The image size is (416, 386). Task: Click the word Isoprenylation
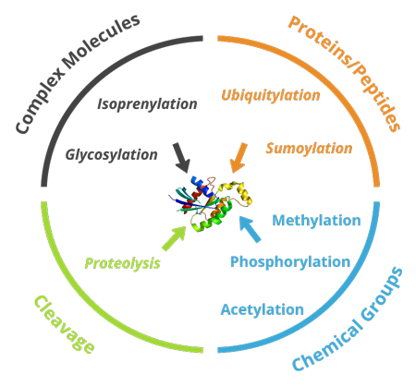tap(147, 103)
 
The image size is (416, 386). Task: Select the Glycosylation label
tap(112, 154)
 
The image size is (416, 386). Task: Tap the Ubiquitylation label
tap(271, 94)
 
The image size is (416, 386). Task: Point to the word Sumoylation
tap(309, 148)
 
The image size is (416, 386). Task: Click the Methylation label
tap(315, 220)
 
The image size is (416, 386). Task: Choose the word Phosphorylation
tap(290, 261)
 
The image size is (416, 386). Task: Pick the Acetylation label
tap(262, 308)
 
